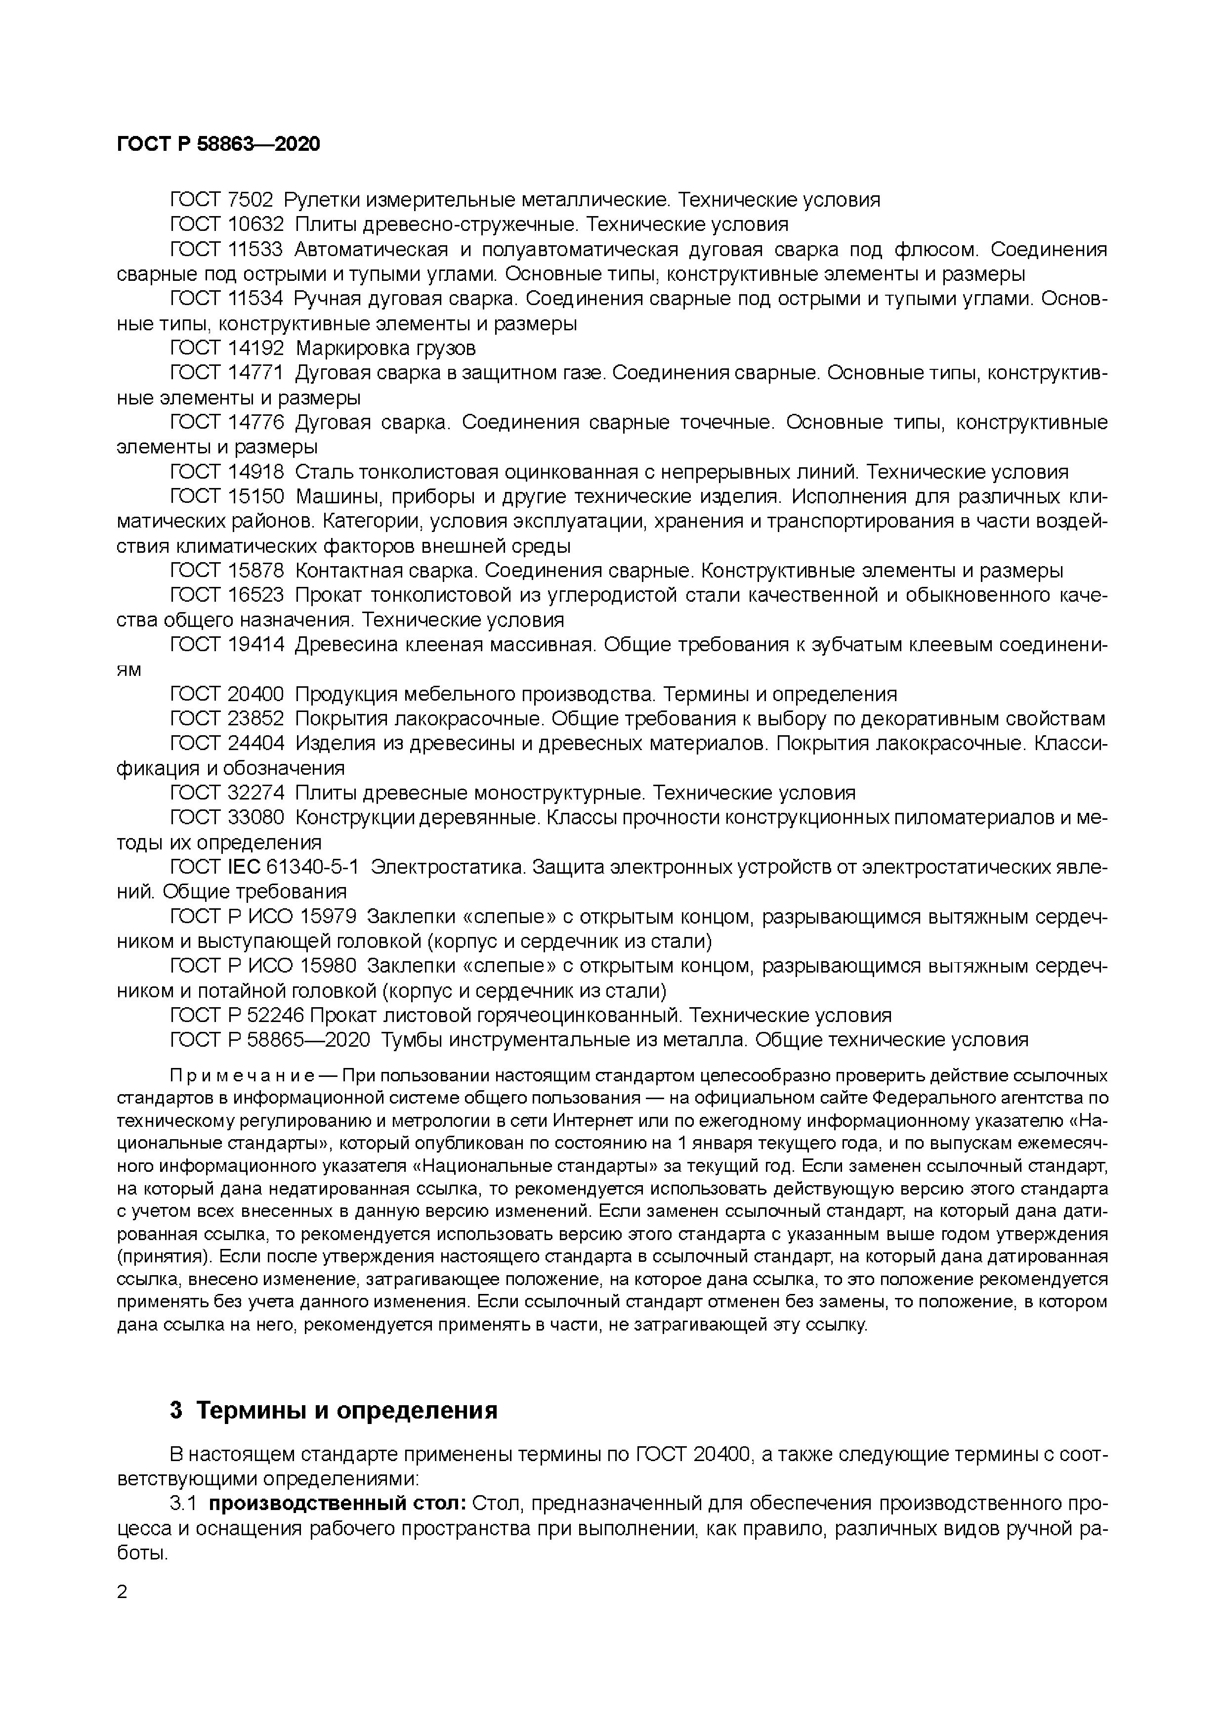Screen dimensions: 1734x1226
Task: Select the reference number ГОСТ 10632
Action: (x=226, y=224)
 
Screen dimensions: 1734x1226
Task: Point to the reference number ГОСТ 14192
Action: (x=226, y=348)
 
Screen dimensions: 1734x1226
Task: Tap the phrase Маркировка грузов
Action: (x=386, y=348)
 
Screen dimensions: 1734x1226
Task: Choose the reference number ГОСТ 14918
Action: (x=226, y=472)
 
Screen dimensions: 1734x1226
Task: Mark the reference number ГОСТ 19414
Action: (x=226, y=644)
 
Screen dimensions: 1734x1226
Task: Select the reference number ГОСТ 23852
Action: (x=226, y=718)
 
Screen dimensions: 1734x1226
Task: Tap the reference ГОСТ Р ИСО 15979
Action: (x=263, y=917)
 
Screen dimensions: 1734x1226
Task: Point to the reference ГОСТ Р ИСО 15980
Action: (x=263, y=966)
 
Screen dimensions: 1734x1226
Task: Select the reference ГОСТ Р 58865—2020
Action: (x=269, y=1040)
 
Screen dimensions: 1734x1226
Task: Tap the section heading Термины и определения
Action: (x=346, y=1411)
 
